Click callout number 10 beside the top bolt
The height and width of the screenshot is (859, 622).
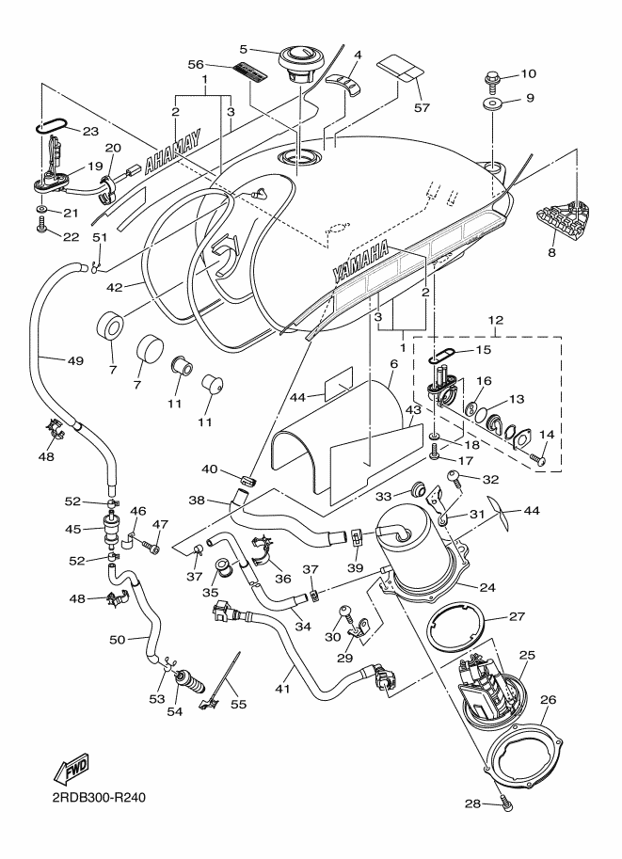[x=527, y=73]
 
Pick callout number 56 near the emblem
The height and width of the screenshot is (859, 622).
[x=195, y=63]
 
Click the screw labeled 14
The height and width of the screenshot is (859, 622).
[x=541, y=460]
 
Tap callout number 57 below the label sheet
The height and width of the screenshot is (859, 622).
[x=422, y=108]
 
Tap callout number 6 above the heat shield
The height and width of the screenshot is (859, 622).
[x=394, y=363]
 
